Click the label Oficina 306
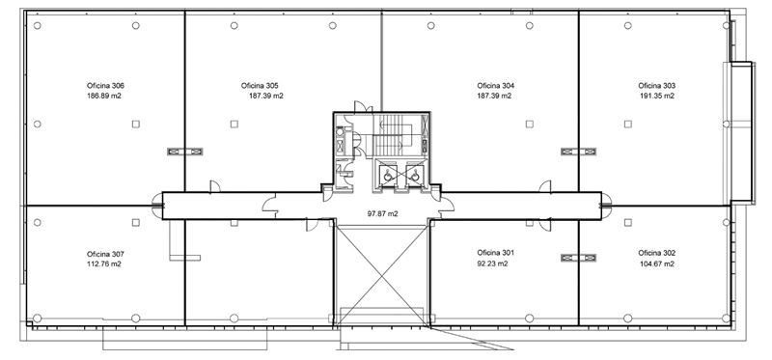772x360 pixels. [105, 86]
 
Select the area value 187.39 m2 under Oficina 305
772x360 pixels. [266, 97]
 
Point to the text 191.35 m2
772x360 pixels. [657, 97]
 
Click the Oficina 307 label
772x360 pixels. [105, 254]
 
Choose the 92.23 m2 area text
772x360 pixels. [492, 263]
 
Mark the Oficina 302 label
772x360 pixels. [657, 253]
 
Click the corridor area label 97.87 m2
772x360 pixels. [382, 213]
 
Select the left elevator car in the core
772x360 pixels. [389, 174]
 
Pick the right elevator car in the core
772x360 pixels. [415, 174]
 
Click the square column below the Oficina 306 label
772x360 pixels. [136, 125]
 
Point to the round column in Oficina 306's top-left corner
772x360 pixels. [38, 26]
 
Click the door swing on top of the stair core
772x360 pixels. [360, 106]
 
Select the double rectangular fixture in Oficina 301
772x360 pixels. [578, 258]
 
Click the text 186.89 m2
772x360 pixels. [104, 97]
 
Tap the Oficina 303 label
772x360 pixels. [657, 86]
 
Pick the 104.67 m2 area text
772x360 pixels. [657, 263]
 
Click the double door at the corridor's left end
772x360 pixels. [157, 206]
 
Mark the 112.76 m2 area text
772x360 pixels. [104, 264]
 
